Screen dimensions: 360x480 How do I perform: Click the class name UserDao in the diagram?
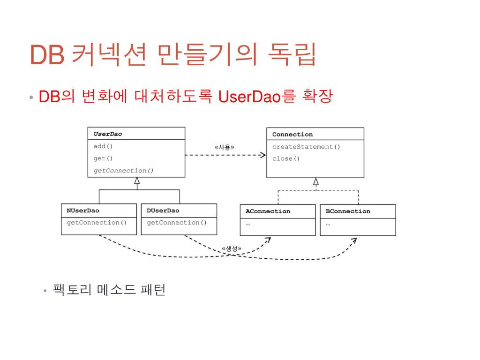tap(107, 134)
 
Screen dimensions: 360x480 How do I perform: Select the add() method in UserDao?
tap(103, 146)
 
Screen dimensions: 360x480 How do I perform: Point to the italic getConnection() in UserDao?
tap(123, 171)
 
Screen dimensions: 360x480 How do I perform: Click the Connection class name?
tap(292, 135)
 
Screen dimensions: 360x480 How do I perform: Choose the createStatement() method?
tap(306, 147)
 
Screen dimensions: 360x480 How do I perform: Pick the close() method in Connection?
tap(285, 158)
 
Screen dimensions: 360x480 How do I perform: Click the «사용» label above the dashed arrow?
tap(225, 147)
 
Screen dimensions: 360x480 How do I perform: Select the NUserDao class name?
tap(83, 211)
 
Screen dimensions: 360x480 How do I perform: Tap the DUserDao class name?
tap(163, 211)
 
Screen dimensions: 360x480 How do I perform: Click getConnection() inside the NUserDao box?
tap(97, 223)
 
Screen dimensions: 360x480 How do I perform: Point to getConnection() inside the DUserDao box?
tap(177, 223)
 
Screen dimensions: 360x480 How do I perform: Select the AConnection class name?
tap(268, 211)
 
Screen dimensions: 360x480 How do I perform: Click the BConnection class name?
tap(348, 211)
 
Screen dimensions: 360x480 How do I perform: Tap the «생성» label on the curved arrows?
tap(232, 249)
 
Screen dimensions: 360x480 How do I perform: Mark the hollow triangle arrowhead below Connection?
tap(316, 182)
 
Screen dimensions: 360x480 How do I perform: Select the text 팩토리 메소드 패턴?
tap(109, 290)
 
